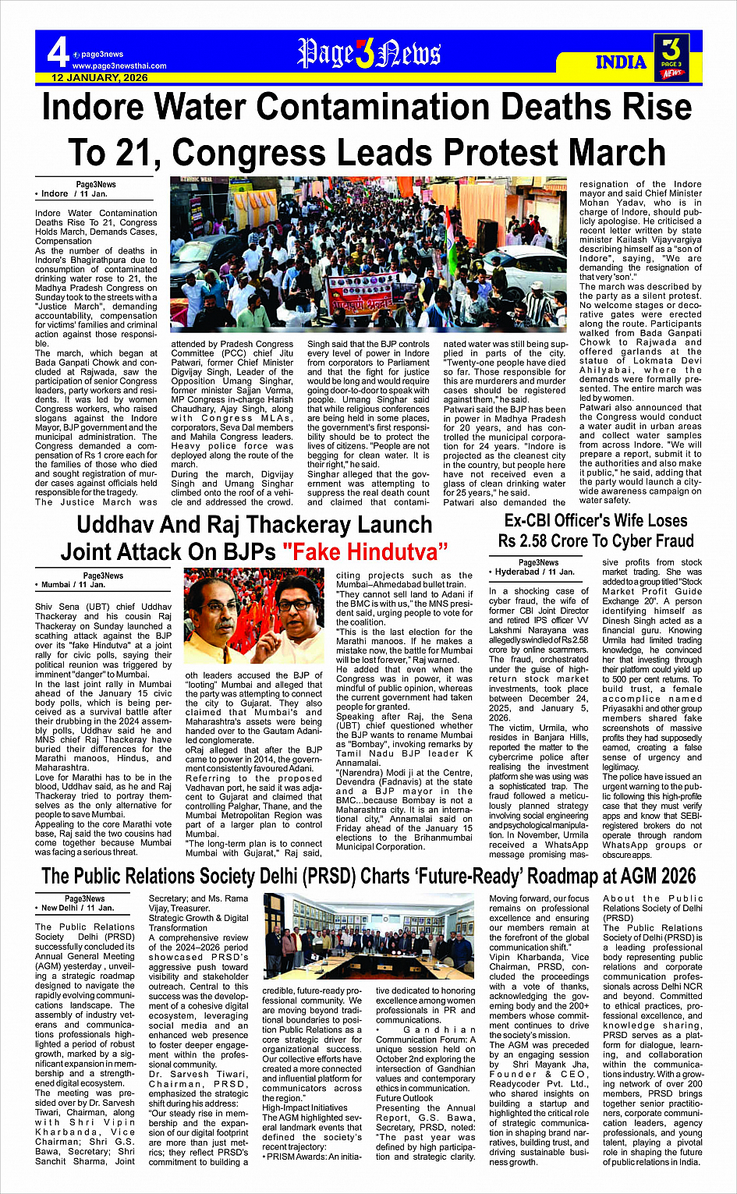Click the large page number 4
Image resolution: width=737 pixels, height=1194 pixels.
point(58,53)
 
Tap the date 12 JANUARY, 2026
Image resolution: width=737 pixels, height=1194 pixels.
point(100,78)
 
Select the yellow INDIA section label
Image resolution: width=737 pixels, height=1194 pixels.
point(621,62)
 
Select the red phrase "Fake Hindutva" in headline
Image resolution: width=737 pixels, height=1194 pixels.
point(365,551)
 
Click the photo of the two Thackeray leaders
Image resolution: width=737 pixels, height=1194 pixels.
point(253,616)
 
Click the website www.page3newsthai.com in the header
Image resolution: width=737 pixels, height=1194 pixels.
point(119,66)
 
